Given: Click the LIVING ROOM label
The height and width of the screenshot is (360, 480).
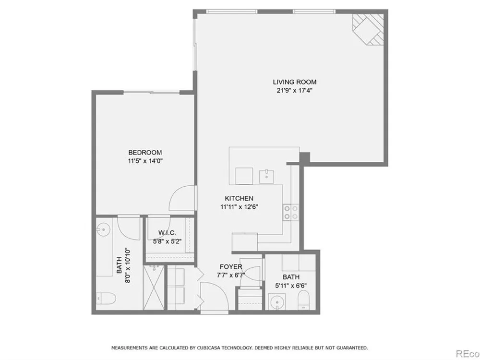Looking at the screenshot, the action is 295,82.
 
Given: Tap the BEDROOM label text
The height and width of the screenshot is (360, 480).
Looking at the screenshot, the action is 145,153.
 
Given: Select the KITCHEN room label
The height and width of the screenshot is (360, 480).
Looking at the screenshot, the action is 239,198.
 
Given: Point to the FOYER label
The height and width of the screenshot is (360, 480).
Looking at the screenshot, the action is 231,267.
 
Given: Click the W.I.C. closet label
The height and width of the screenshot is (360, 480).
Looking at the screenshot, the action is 167,233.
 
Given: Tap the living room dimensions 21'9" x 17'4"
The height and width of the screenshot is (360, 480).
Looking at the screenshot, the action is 294,91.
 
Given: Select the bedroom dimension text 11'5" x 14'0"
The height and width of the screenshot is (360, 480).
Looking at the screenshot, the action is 145,161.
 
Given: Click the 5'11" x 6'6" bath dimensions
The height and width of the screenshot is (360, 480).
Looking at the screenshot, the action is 291,286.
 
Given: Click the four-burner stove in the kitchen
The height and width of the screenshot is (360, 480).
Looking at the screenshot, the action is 291,213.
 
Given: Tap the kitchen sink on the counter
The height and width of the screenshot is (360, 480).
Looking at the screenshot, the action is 266,176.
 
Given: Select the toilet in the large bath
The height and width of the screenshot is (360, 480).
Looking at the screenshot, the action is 106,299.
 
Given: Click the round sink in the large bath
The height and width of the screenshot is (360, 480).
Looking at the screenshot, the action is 104,229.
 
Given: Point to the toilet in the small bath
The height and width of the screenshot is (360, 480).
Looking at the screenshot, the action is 304,300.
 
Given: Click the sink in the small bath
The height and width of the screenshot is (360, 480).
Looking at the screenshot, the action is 277,302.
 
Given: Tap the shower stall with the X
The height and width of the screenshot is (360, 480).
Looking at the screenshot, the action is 154,288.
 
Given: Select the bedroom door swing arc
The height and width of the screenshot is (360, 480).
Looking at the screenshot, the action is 175,194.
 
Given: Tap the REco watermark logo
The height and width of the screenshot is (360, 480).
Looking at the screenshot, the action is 468,354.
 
